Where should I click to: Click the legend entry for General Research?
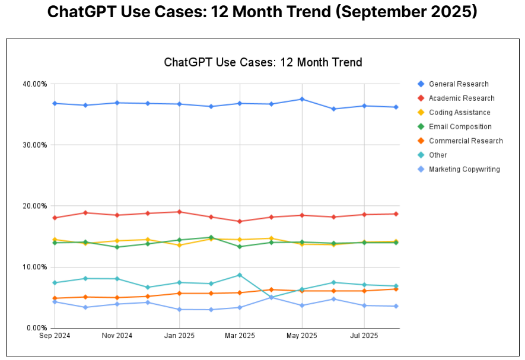[x=459, y=84]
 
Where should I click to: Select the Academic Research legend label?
[x=462, y=98]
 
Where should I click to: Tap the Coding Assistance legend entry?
[x=459, y=113]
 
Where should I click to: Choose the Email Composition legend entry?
[x=460, y=127]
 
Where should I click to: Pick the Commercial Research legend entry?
[x=466, y=141]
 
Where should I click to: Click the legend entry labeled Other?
[x=438, y=155]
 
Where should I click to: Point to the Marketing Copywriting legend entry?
[x=464, y=170]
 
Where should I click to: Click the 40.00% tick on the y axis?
[x=35, y=84]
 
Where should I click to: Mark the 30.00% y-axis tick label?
[x=35, y=145]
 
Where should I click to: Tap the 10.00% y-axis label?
[x=35, y=267]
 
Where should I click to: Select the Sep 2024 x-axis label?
[x=55, y=336]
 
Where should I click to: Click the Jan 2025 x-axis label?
[x=179, y=336]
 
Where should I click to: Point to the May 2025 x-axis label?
[x=302, y=336]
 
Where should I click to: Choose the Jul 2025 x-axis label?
[x=364, y=336]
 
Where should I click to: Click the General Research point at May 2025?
[x=302, y=99]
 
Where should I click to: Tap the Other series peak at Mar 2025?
[x=240, y=275]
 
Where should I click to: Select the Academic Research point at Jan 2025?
[x=179, y=212]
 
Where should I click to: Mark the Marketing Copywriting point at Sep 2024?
[x=55, y=302]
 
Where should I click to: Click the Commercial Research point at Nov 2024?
[x=116, y=298]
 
